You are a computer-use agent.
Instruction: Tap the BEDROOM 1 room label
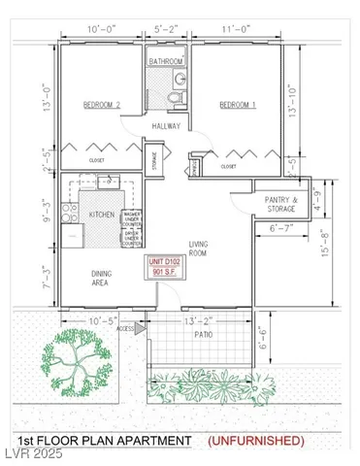238,104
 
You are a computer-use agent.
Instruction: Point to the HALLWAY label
167,126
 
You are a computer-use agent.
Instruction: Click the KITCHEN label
102,215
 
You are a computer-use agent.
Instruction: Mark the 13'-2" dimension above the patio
194,319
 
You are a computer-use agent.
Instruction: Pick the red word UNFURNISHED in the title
256,442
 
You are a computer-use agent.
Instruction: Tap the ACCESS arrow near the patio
140,329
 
